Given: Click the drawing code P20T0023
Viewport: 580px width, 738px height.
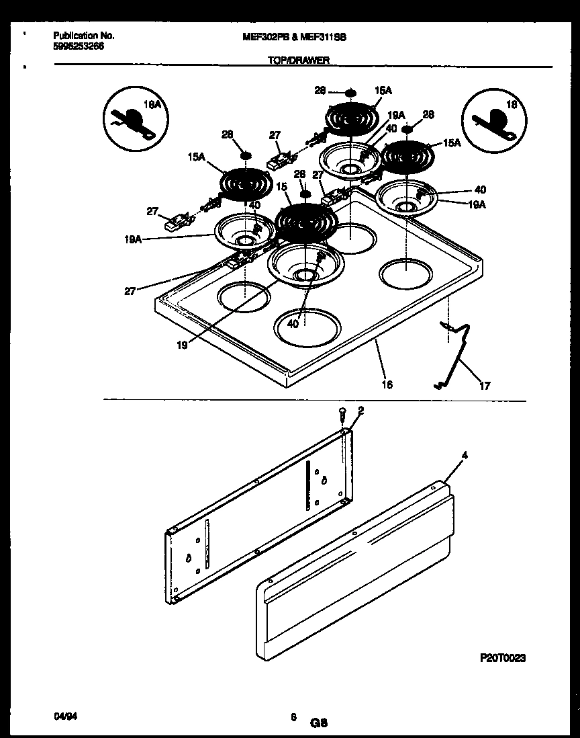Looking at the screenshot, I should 502,658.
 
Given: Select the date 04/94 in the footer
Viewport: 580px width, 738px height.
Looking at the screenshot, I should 62,717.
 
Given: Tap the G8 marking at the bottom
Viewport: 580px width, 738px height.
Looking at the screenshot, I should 318,723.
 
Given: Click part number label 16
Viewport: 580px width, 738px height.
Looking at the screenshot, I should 387,385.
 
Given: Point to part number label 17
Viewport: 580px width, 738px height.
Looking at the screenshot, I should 485,386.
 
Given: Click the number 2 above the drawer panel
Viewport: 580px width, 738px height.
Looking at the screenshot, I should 361,411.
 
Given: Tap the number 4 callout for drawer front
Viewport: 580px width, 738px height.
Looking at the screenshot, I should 465,455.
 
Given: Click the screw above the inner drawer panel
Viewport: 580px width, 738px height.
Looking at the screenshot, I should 342,412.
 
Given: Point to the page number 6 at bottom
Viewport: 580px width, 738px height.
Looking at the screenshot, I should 293,718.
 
